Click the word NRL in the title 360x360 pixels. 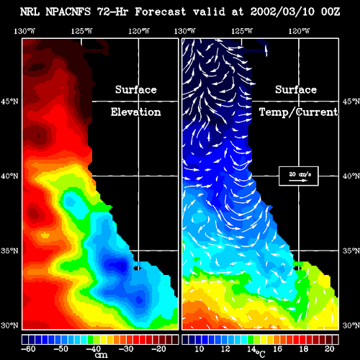(x=30, y=12)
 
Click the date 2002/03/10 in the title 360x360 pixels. (x=282, y=12)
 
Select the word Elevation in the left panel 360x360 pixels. (x=136, y=112)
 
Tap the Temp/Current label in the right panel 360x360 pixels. (x=298, y=112)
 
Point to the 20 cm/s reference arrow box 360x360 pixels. (x=299, y=176)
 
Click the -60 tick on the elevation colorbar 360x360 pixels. (x=28, y=348)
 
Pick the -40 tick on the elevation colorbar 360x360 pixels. (x=94, y=348)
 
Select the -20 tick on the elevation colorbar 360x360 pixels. (x=159, y=348)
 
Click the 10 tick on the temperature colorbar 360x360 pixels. (x=199, y=348)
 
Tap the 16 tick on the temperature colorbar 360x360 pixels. (x=277, y=348)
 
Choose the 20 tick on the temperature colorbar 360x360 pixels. (x=330, y=348)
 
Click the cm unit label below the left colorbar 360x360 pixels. (x=102, y=355)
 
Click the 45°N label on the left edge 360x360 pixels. (x=9, y=102)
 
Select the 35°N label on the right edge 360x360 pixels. (x=351, y=251)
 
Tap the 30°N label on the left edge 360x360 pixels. (x=9, y=325)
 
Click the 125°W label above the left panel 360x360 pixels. (x=81, y=31)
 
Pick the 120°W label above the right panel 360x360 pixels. (x=299, y=31)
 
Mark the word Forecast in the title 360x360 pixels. (x=160, y=12)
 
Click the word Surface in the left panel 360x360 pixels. (x=136, y=89)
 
